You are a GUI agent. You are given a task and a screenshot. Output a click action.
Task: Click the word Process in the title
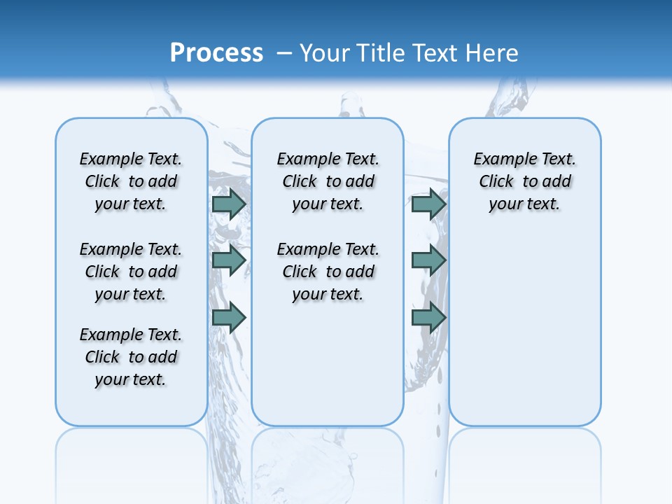point(216,53)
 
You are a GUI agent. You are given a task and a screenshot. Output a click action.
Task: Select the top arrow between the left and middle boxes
point(229,204)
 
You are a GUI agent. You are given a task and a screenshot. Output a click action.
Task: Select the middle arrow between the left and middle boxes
point(229,260)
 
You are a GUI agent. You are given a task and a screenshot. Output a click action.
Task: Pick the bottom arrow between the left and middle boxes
point(229,318)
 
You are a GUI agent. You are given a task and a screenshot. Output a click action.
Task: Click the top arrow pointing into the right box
point(428,204)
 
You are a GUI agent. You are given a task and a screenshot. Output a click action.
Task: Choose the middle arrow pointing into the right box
point(428,260)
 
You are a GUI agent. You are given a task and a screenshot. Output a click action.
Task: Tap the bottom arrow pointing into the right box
point(428,318)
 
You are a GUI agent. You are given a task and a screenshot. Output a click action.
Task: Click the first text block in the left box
point(131,181)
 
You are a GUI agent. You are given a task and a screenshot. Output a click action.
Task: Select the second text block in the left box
point(131,272)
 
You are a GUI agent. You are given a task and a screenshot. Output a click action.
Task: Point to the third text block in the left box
point(131,357)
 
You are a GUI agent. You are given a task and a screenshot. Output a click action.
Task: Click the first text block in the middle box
point(328,181)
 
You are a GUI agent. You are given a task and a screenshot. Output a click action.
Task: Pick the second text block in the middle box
point(328,272)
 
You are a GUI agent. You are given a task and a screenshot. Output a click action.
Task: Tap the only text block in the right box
point(525,181)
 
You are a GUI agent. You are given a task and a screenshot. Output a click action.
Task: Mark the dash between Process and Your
point(284,53)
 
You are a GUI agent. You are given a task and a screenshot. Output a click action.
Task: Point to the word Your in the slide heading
point(325,53)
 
